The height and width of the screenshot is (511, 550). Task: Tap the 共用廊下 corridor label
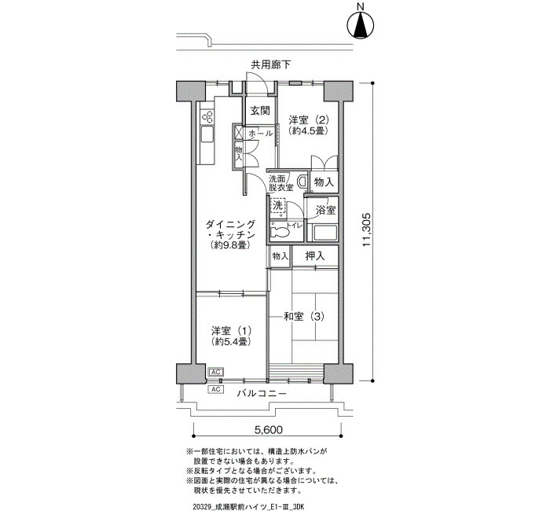click(x=270, y=64)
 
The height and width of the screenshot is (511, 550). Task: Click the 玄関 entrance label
click(x=260, y=111)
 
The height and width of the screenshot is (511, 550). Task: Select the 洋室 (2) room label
click(x=309, y=120)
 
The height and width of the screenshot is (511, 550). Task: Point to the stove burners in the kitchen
click(x=207, y=116)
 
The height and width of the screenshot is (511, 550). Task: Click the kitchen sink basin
click(x=207, y=134)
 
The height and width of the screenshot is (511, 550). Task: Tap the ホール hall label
click(x=261, y=134)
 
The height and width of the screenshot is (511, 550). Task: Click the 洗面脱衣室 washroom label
click(x=281, y=183)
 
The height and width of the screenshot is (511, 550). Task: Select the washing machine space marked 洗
click(x=277, y=206)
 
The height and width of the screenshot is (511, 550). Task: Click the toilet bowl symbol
click(x=280, y=232)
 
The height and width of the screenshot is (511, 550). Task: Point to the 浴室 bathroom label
click(x=325, y=210)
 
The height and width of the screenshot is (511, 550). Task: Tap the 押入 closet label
click(x=315, y=256)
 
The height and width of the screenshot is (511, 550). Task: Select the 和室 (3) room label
click(x=304, y=317)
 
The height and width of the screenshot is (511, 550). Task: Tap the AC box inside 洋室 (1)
click(x=216, y=372)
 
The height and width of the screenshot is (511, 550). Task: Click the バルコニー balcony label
click(x=262, y=393)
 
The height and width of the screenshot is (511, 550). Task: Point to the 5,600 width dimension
click(x=268, y=429)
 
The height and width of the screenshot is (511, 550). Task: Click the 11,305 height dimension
click(x=366, y=230)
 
